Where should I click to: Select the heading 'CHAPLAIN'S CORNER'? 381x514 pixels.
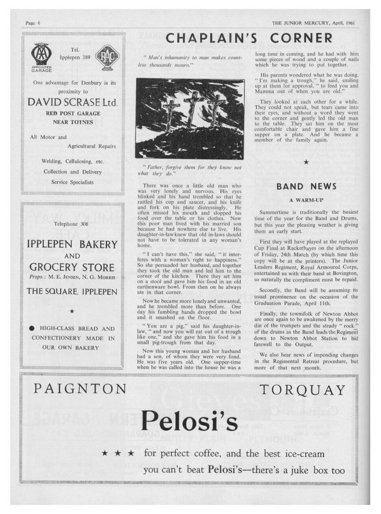(250, 38)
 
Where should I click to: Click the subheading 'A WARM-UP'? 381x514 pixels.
(306, 200)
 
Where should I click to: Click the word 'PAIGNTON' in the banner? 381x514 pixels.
(79, 389)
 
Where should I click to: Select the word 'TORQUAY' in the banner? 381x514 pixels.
(303, 390)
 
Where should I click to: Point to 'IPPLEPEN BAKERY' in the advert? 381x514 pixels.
(72, 245)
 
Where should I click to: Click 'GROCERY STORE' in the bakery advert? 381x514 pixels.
(72, 268)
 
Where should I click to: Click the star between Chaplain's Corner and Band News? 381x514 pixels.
(306, 163)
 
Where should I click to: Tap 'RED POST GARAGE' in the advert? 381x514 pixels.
(72, 113)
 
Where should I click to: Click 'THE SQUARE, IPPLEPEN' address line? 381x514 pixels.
(72, 291)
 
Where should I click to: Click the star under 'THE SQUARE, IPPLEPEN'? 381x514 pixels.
(72, 311)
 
